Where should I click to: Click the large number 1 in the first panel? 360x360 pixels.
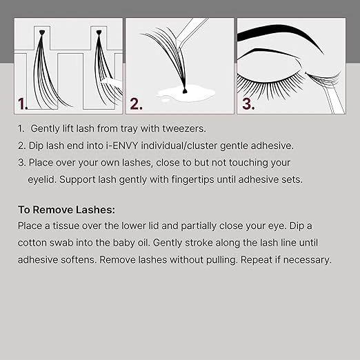tap(23, 103)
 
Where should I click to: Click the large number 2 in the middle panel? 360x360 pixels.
tap(136, 103)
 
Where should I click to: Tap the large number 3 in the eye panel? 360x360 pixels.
tap(248, 103)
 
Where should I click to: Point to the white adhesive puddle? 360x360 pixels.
tap(186, 93)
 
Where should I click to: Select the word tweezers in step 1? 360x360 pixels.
tap(184, 128)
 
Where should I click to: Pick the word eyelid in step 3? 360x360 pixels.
tap(42, 180)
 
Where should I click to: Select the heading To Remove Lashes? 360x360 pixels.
tap(66, 210)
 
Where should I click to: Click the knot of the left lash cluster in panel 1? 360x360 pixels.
tap(41, 32)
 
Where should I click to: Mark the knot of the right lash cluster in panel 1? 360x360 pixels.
tap(99, 32)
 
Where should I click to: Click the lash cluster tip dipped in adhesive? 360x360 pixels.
tap(184, 91)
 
